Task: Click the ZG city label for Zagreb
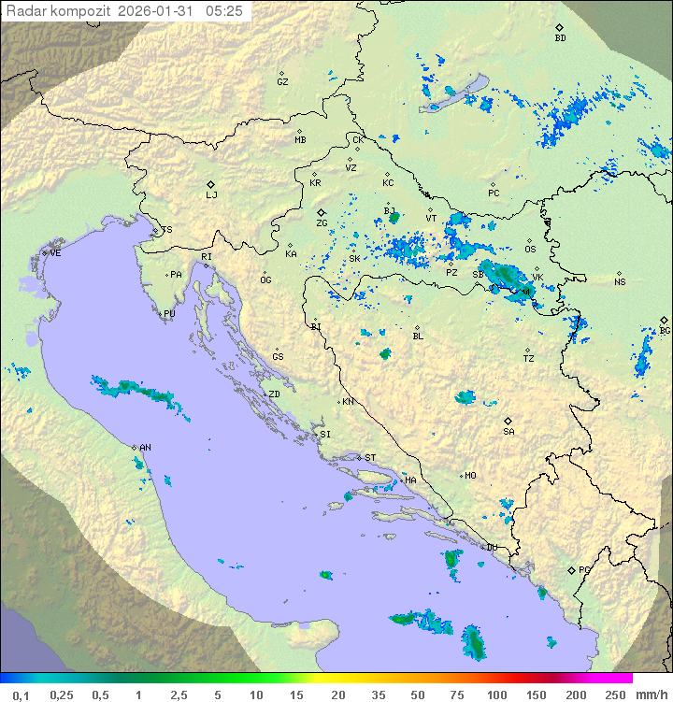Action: [322, 223]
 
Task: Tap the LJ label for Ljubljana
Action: [211, 195]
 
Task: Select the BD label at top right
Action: [560, 38]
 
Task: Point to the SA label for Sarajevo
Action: [508, 432]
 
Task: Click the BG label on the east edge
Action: [665, 330]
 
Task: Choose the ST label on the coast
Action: [370, 458]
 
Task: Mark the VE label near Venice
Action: [55, 253]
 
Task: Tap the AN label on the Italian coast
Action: [146, 448]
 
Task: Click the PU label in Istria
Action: [169, 314]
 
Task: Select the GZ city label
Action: [282, 82]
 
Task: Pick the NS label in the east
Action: [620, 282]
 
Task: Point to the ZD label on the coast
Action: [274, 394]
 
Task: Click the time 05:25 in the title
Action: [226, 11]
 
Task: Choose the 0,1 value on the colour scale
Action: [21, 695]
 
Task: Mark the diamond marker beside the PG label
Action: [571, 570]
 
